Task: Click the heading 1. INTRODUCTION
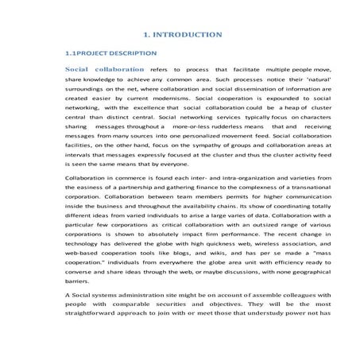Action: coord(182,36)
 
